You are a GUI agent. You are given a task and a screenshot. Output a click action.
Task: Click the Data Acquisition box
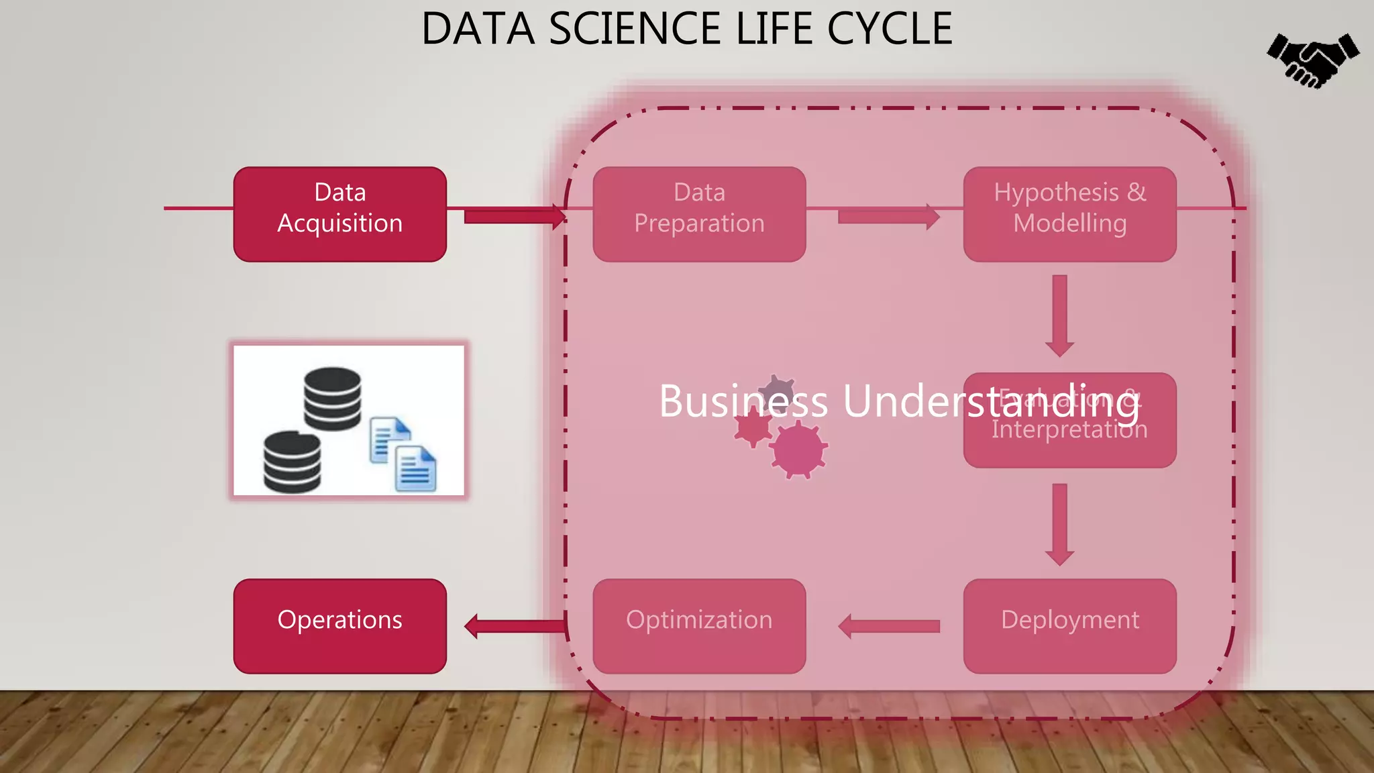click(339, 214)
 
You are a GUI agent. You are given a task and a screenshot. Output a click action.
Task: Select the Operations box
click(339, 625)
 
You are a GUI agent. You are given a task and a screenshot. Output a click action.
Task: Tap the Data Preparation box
click(699, 214)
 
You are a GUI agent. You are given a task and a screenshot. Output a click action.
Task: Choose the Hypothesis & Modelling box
click(1069, 214)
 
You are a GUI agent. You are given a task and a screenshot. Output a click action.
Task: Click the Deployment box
click(1069, 625)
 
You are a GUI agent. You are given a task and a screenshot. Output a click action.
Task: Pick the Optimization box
click(699, 625)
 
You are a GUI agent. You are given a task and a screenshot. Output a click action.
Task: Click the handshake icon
click(1313, 60)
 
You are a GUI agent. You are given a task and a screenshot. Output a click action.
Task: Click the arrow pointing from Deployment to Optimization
click(888, 626)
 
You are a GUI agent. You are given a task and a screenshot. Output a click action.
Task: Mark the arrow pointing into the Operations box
click(514, 626)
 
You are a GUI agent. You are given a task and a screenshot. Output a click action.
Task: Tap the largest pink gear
click(798, 450)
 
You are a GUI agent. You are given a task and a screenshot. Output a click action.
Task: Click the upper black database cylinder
click(332, 398)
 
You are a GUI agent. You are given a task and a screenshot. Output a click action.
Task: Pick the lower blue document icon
click(415, 469)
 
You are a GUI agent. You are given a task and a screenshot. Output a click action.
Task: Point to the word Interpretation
click(1069, 429)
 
